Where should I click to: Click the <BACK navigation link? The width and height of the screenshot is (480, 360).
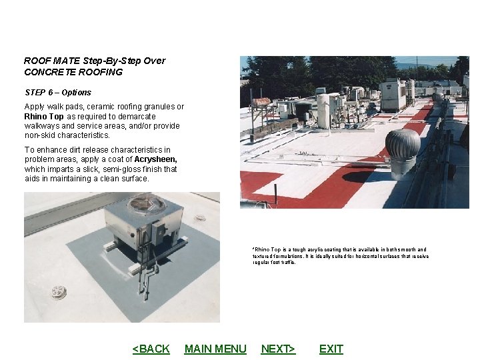[151, 349]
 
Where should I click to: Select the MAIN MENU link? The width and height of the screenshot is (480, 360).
[215, 349]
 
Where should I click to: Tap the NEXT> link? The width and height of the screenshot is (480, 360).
[278, 349]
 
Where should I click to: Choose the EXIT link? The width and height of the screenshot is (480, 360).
[331, 349]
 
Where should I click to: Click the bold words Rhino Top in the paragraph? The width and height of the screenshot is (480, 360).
[44, 117]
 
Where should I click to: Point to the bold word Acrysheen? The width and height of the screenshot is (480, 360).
[155, 160]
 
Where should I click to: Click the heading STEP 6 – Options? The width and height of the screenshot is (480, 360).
[57, 93]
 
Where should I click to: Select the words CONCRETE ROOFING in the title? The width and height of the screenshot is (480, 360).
[73, 72]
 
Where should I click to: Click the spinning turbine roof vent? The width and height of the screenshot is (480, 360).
[403, 145]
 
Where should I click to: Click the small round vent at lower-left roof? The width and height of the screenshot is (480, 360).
[58, 292]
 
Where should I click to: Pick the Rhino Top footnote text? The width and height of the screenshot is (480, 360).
[340, 256]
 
